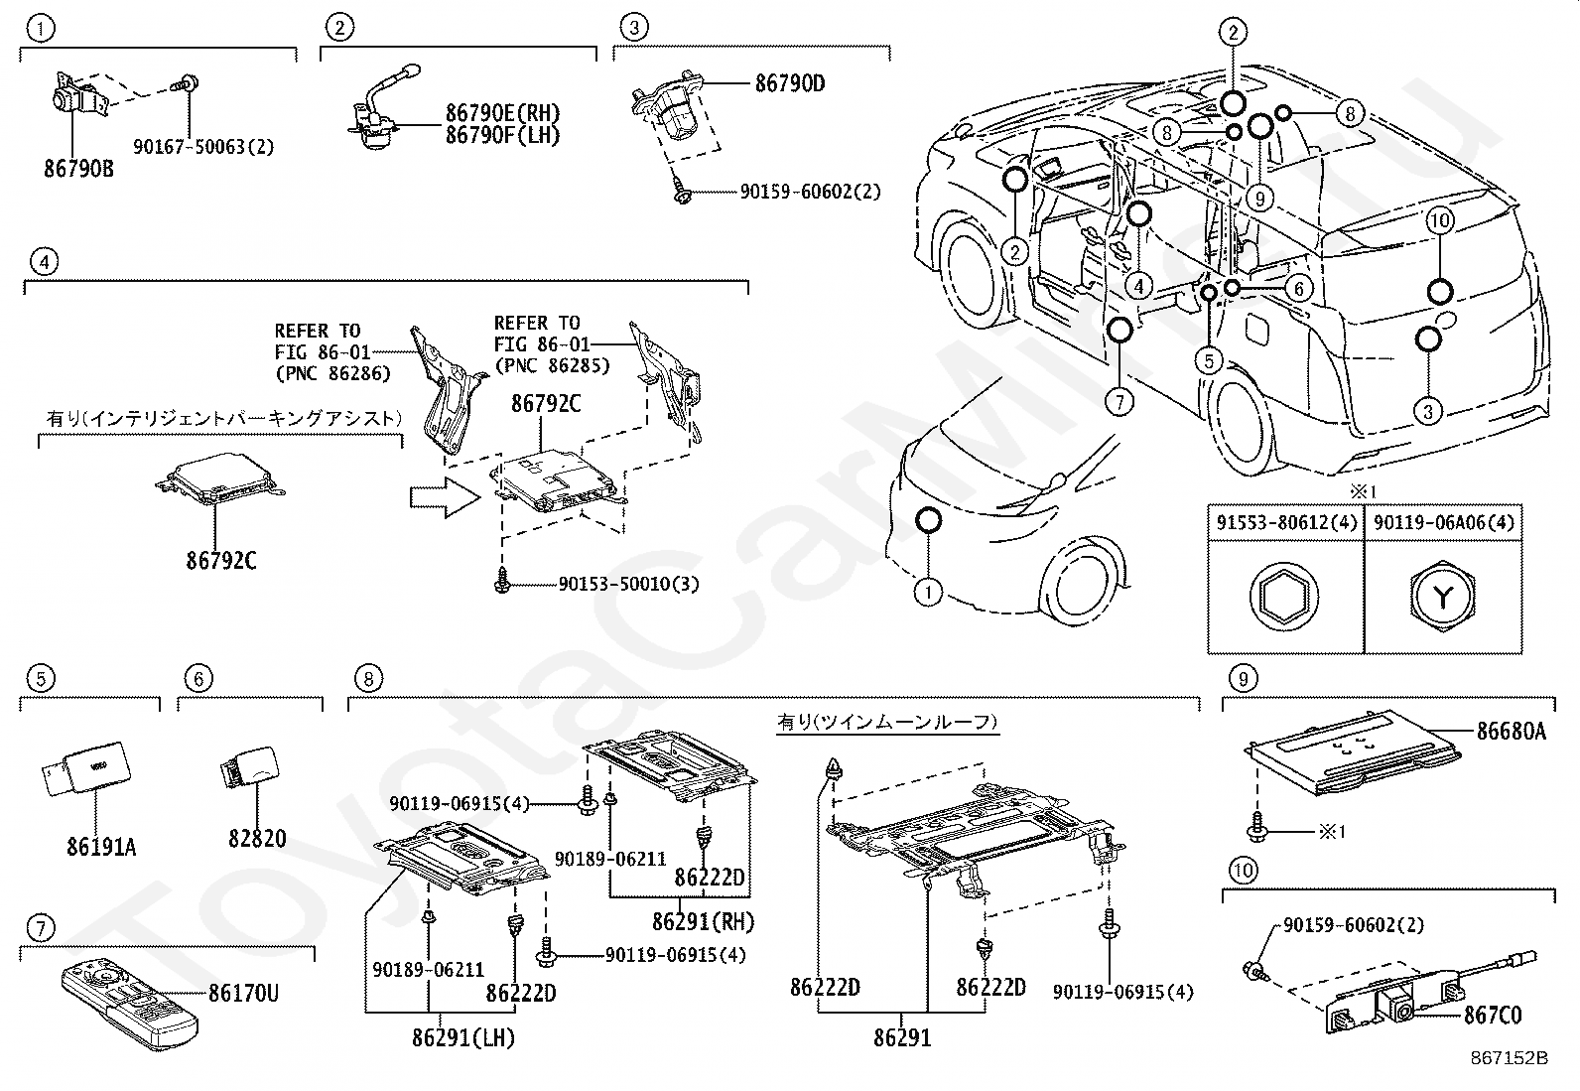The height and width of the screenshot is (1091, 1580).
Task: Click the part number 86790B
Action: click(x=78, y=169)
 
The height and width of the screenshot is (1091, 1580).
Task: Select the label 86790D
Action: click(x=789, y=83)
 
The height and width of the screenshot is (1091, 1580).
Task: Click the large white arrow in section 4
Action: click(x=445, y=495)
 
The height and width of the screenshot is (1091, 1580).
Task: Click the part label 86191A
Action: click(x=102, y=847)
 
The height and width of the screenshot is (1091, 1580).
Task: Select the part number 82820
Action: click(x=257, y=839)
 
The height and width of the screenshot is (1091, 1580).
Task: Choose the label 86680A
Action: click(x=1511, y=732)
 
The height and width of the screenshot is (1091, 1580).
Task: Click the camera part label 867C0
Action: click(x=1493, y=1015)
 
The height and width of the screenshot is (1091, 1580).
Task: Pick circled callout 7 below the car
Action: click(x=1119, y=402)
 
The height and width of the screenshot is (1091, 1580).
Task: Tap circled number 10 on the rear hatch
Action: click(x=1440, y=220)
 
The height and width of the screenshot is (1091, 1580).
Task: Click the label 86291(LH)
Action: click(x=462, y=1039)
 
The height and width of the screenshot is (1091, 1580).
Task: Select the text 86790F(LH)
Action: click(x=502, y=136)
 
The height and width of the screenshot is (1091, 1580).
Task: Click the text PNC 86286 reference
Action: click(x=331, y=373)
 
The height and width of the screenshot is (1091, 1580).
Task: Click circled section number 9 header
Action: click(x=1243, y=679)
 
